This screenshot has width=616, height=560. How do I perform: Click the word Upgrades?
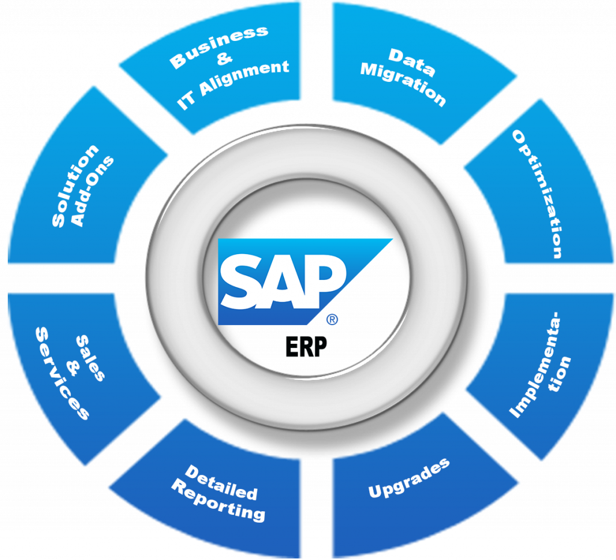point(409,478)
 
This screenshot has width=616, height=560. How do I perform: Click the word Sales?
point(90,358)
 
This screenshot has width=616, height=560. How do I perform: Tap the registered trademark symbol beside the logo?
point(331,320)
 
